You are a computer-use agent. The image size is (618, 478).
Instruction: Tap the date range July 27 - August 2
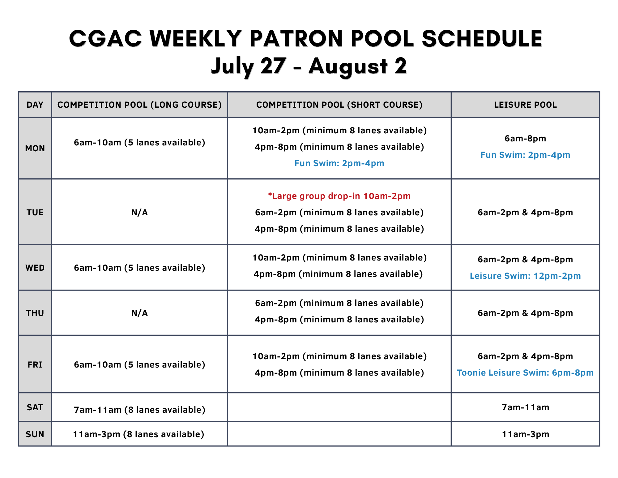309,66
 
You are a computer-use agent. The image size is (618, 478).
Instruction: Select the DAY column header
35,105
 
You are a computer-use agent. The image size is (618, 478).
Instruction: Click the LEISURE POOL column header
525,105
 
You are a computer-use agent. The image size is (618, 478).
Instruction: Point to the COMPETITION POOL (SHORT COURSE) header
339,105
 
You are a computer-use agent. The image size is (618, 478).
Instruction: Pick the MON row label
35,149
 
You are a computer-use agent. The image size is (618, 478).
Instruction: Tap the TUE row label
35,213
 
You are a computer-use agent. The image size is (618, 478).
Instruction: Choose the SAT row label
35,407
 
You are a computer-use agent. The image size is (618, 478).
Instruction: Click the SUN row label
35,434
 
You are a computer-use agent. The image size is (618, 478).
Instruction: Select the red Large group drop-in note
339,196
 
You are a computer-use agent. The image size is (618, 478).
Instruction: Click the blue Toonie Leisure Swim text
525,373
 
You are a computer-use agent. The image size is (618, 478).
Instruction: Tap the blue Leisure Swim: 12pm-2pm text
525,276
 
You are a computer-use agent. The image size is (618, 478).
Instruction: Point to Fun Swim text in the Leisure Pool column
525,155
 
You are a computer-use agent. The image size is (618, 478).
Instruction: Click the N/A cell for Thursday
139,313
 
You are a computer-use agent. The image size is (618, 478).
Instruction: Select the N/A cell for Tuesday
139,213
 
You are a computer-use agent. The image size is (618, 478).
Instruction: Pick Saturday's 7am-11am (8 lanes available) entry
139,410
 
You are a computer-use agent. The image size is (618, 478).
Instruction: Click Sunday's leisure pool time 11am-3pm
525,434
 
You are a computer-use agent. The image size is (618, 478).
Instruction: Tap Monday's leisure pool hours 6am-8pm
525,139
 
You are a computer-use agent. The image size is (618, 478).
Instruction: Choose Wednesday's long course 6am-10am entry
139,268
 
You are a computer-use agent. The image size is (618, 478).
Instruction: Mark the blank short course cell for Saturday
339,407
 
